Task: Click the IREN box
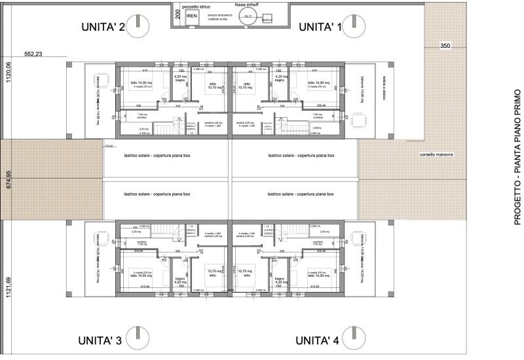pyautogui.click(x=191, y=17)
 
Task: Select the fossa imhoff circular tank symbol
pyautogui.click(x=247, y=20)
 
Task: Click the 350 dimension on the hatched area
pyautogui.click(x=445, y=46)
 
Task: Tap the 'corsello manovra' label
pyautogui.click(x=437, y=154)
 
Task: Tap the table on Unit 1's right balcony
pyautogui.click(x=358, y=120)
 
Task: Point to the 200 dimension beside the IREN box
pyautogui.click(x=178, y=12)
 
